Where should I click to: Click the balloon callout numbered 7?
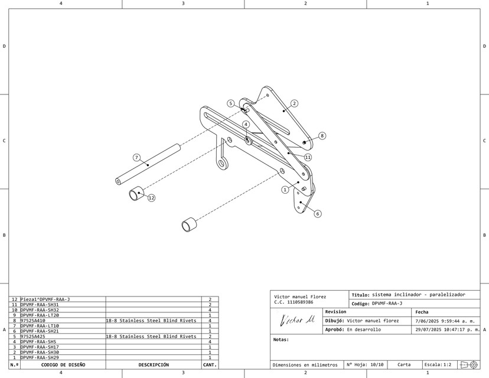(136, 158)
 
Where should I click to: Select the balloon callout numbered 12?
(151, 198)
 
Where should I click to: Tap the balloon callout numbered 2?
(294, 103)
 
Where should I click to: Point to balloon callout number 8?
(322, 136)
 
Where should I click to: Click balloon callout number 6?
(318, 214)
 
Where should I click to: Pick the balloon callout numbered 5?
(231, 103)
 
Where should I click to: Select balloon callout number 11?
(308, 158)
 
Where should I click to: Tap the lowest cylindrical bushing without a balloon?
(189, 224)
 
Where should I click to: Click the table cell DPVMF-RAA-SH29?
(40, 357)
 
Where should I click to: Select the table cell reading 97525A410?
(33, 320)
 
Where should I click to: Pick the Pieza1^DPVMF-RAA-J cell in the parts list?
(45, 299)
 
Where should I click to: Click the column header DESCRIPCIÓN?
(154, 365)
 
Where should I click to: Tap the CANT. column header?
(210, 365)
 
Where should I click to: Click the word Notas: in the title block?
(281, 340)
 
